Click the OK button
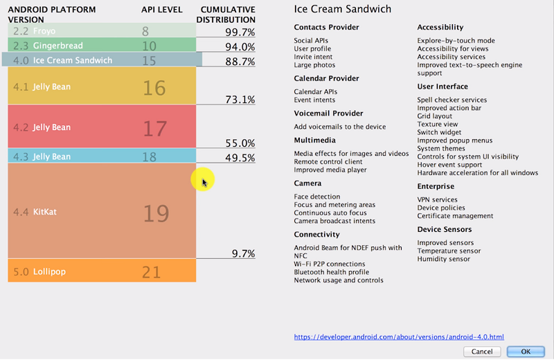pyautogui.click(x=526, y=351)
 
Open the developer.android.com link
pyautogui.click(x=399, y=337)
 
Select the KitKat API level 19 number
pyautogui.click(x=156, y=213)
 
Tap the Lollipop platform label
pyautogui.click(x=49, y=271)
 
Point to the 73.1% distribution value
pyautogui.click(x=240, y=100)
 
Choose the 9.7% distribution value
pyautogui.click(x=244, y=253)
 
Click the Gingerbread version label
pyautogui.click(x=57, y=46)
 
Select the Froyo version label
pyautogui.click(x=44, y=31)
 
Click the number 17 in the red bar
pyautogui.click(x=155, y=128)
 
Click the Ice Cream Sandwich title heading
pyautogui.click(x=342, y=10)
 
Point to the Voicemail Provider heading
pyautogui.click(x=328, y=113)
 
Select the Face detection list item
pyautogui.click(x=317, y=197)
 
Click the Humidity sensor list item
pyautogui.click(x=443, y=259)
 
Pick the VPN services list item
pyautogui.click(x=437, y=199)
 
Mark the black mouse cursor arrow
pyautogui.click(x=204, y=182)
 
